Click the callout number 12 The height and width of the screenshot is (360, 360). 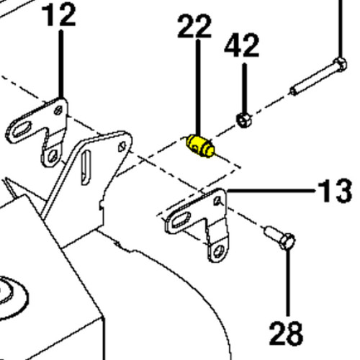[59, 15]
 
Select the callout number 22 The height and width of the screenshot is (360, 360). [194, 26]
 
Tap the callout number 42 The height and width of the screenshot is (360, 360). [242, 45]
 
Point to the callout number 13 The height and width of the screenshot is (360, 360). [335, 192]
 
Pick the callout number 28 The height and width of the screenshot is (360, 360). [286, 333]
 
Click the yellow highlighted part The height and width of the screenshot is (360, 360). [200, 146]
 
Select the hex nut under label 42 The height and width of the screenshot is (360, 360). [244, 120]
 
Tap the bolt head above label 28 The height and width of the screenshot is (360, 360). [287, 241]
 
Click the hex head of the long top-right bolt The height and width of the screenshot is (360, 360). [340, 64]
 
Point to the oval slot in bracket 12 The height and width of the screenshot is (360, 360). [22, 129]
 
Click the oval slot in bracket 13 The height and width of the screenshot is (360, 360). [180, 220]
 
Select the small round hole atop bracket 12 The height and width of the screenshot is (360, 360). [58, 111]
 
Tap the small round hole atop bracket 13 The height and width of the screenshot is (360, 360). [218, 201]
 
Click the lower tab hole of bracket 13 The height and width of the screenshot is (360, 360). [219, 252]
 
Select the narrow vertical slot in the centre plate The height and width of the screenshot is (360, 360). [86, 167]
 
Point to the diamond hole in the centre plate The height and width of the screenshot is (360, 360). [122, 146]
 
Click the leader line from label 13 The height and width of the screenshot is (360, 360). [271, 191]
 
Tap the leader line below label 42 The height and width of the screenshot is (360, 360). [244, 89]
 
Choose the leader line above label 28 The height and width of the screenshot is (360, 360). [288, 283]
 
